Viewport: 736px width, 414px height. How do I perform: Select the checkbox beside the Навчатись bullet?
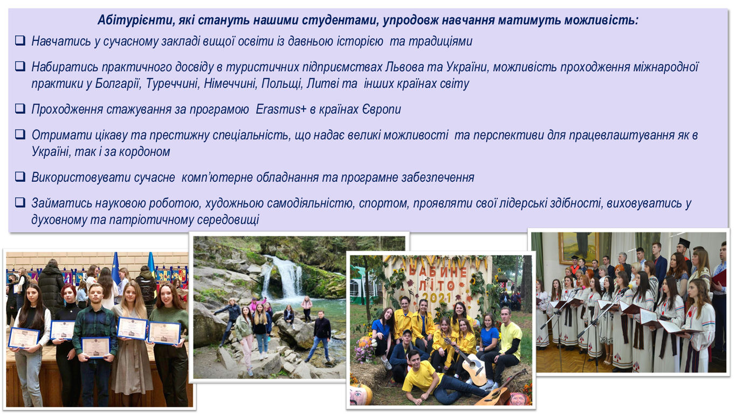pyautogui.click(x=20, y=40)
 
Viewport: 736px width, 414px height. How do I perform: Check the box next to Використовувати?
pyautogui.click(x=20, y=176)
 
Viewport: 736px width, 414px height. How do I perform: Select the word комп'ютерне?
pyautogui.click(x=217, y=177)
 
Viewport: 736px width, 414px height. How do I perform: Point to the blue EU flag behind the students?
pyautogui.click(x=116, y=269)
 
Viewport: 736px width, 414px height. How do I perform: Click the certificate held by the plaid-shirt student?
pyautogui.click(x=95, y=347)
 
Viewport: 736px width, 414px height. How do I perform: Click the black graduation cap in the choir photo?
pyautogui.click(x=684, y=243)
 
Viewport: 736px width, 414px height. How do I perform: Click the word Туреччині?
pyautogui.click(x=173, y=84)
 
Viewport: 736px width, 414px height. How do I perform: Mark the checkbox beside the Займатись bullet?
pyautogui.click(x=20, y=202)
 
